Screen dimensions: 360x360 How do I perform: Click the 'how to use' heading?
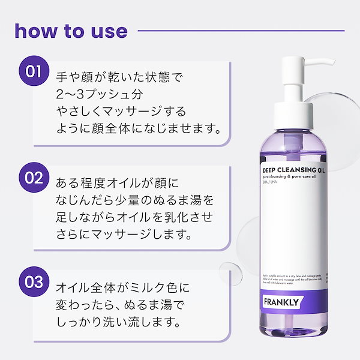point(71,31)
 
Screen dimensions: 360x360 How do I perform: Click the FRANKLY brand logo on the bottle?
point(280,301)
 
